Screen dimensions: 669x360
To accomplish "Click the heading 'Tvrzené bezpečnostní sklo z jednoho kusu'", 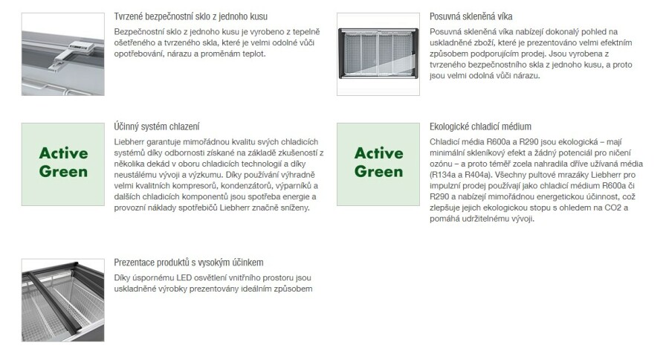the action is pos(191,16).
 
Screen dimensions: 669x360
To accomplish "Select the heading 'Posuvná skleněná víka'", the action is pos(471,16).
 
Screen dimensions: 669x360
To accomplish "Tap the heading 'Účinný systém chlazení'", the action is pos(157,127).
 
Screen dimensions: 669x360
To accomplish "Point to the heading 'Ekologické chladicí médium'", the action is pos(480,127).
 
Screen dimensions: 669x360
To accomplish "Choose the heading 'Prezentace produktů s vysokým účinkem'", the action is pos(189,263).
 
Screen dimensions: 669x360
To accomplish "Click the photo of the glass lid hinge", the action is pos(63,54).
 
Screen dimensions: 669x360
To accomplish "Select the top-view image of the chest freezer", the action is pos(378,54).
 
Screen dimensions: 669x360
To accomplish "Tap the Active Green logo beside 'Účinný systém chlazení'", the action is pos(63,164).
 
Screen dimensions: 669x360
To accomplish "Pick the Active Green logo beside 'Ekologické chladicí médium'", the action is pos(378,164).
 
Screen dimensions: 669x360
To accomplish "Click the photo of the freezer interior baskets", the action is pos(63,300).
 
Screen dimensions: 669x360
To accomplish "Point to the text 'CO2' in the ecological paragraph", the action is pos(616,208).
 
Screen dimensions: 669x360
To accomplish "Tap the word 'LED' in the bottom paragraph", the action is pos(184,277).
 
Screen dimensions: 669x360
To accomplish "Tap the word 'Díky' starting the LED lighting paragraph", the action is pos(121,277).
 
